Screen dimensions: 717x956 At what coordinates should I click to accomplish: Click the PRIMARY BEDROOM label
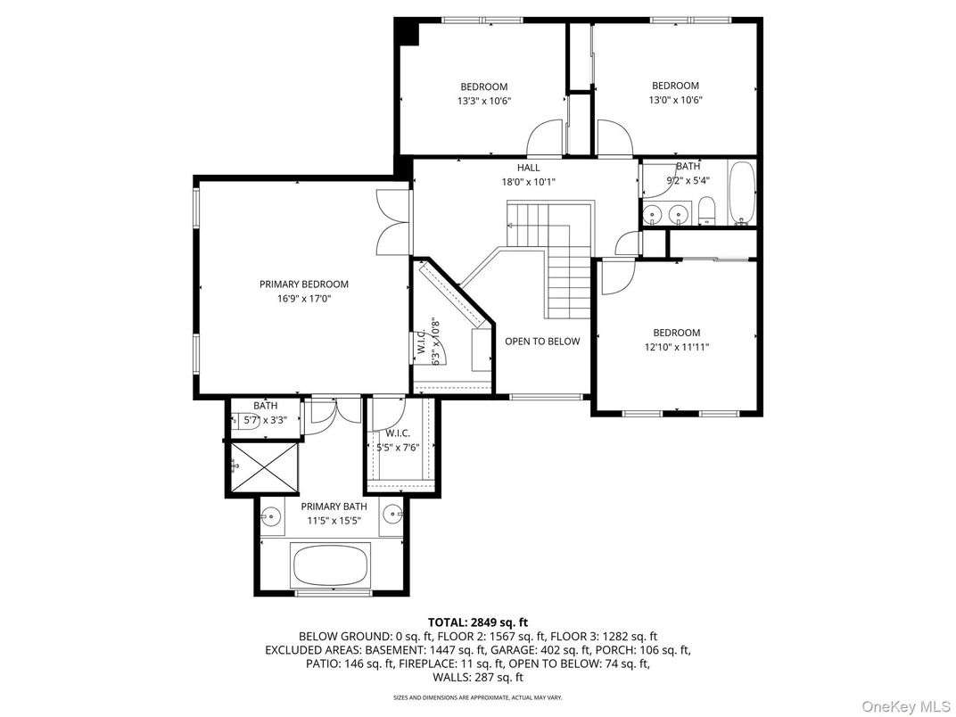303,284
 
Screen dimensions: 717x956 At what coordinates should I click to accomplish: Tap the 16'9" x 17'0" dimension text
303,300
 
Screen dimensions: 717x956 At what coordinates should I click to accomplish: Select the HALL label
528,168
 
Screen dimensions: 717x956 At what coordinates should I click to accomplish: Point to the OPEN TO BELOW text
542,342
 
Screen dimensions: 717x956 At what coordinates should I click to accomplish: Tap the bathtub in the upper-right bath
741,194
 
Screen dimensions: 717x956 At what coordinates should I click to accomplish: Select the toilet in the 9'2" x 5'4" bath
705,212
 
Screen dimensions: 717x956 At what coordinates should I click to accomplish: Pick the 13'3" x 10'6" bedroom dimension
483,101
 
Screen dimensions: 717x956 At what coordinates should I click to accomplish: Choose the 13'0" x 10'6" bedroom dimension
675,100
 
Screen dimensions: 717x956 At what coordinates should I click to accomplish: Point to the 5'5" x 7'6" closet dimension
398,448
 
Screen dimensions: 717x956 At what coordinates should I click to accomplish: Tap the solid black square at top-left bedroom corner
408,31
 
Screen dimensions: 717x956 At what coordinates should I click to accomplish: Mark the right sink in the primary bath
392,515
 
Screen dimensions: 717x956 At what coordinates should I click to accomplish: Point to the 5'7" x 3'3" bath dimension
265,420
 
